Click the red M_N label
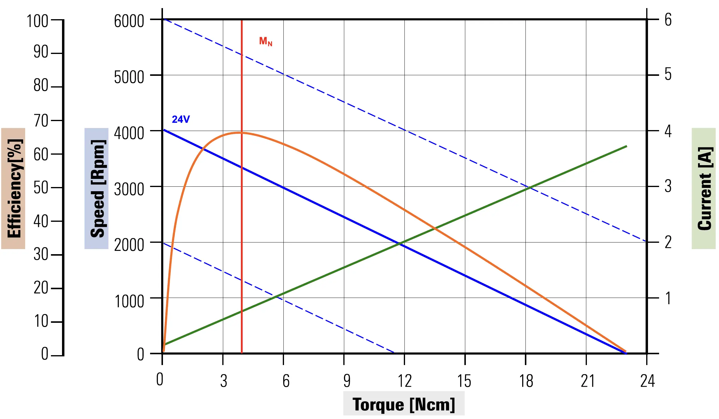[265, 41]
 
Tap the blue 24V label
[181, 119]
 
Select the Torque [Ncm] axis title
[404, 404]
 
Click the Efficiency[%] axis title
[14, 189]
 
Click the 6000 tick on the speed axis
[129, 21]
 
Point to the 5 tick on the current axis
[668, 74]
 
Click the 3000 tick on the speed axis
[129, 189]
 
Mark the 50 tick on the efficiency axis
[41, 188]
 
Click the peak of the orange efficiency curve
[240, 132]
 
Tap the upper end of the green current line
[626, 146]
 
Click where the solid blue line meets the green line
[400, 244]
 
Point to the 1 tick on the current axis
[668, 299]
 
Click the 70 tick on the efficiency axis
[41, 120]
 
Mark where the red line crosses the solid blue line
[242, 167]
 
